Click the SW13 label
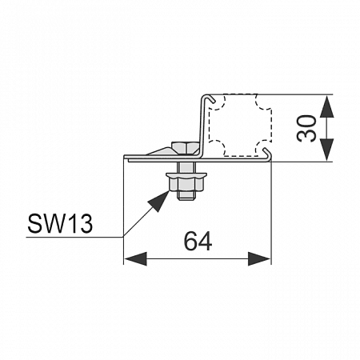pyautogui.click(x=60, y=223)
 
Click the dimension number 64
pyautogui.click(x=198, y=241)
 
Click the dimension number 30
pyautogui.click(x=306, y=128)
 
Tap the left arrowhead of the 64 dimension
pyautogui.click(x=135, y=258)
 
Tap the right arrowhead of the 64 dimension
pyautogui.click(x=259, y=258)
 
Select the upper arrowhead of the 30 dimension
pyautogui.click(x=327, y=106)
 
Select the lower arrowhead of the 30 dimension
pyautogui.click(x=327, y=150)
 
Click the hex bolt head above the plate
pyautogui.click(x=186, y=148)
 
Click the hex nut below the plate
pyautogui.click(x=186, y=185)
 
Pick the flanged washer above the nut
pyautogui.click(x=186, y=175)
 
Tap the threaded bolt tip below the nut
pyautogui.click(x=186, y=195)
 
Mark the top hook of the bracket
pyautogui.click(x=209, y=98)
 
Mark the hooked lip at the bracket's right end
pyautogui.click(x=267, y=154)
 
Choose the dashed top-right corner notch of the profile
pyautogui.click(x=263, y=102)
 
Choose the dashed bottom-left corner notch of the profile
pyautogui.click(x=218, y=148)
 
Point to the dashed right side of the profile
pyautogui.click(x=271, y=125)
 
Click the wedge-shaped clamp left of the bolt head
pyautogui.click(x=161, y=151)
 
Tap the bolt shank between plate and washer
pyautogui.click(x=186, y=167)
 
